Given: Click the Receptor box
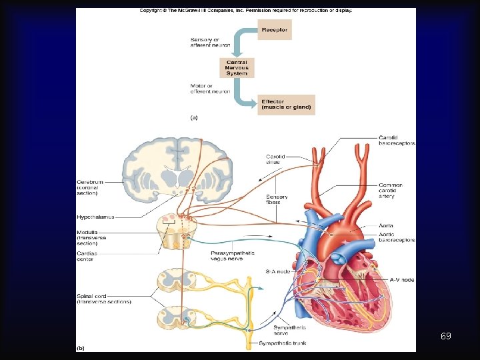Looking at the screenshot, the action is click(x=274, y=29).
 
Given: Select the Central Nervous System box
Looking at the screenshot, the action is click(x=237, y=67).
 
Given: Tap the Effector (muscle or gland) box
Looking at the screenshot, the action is click(x=285, y=105).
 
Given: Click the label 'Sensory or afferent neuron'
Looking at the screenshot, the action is click(x=210, y=42).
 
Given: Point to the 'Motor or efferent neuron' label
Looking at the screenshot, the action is click(x=210, y=88).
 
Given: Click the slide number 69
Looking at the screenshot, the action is click(x=445, y=336).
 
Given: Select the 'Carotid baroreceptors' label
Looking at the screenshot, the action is click(x=397, y=140).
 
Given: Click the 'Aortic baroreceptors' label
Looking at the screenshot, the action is click(x=397, y=237).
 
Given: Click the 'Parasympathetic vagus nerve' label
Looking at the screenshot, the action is click(x=231, y=256).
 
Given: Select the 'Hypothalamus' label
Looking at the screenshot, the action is click(x=95, y=217).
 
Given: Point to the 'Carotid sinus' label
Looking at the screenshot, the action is click(x=275, y=159).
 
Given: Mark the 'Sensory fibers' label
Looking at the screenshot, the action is click(x=277, y=199).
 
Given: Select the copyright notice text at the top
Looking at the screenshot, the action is click(x=245, y=11).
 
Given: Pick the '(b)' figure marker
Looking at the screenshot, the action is click(x=81, y=347).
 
